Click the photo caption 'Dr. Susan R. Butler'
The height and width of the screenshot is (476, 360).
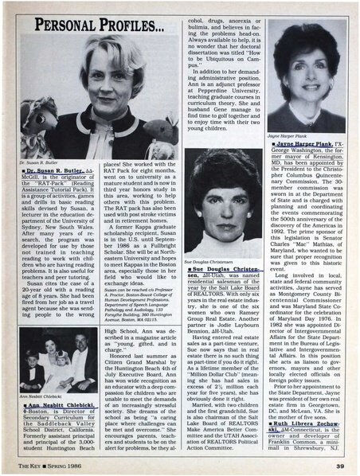click(x=37, y=163)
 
